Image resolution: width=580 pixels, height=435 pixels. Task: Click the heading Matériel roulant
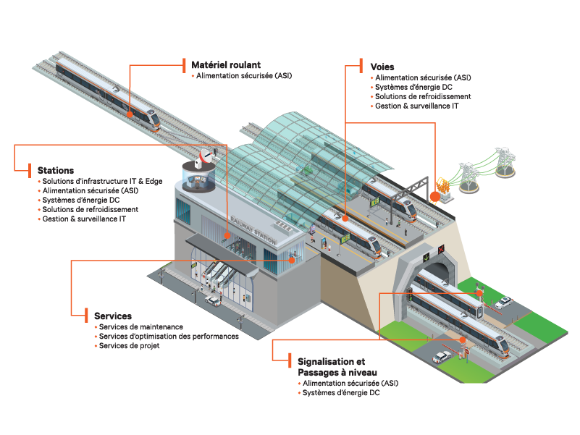tap(226, 64)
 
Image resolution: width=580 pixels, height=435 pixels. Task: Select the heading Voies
tap(382, 66)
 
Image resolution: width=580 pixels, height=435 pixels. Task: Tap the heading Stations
tap(56, 170)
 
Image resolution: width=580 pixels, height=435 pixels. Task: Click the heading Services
tap(113, 316)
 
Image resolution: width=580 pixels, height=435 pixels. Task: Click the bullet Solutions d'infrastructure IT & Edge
tap(102, 180)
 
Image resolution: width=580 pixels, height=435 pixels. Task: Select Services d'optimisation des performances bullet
tap(169, 337)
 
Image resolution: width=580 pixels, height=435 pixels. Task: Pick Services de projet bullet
tap(129, 346)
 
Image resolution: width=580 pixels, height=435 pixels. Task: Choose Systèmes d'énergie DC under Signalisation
tap(341, 392)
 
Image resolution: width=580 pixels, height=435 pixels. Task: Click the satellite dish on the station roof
tap(207, 156)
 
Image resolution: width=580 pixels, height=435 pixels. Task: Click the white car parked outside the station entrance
tap(212, 300)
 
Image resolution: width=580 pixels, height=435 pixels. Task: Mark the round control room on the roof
tap(197, 180)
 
